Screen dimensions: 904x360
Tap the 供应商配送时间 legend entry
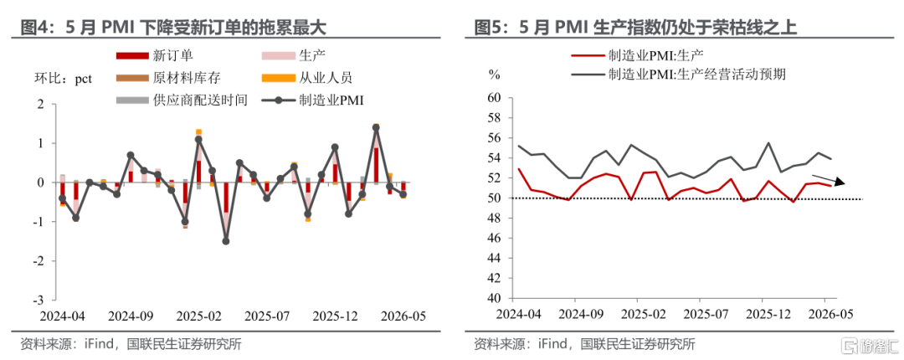point(182,100)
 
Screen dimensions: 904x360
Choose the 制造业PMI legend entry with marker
point(313,100)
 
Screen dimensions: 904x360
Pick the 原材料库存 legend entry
point(168,78)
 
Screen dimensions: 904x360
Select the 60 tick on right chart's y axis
point(495,98)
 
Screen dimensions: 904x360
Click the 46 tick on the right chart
point(495,239)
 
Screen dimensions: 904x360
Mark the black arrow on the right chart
point(829,179)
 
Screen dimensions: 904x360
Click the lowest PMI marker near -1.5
point(226,241)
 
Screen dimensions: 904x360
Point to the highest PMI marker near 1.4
point(376,127)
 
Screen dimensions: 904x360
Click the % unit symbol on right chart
point(494,74)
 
